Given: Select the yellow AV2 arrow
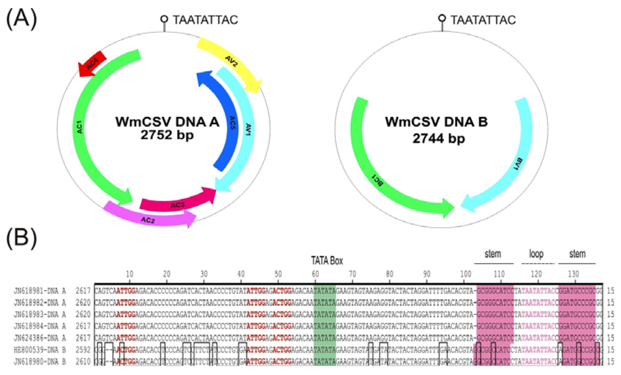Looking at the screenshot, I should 231,61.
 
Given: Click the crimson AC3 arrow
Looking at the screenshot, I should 177,201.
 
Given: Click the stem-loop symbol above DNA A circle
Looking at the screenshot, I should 165,21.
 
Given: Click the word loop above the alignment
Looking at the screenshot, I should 537,254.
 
